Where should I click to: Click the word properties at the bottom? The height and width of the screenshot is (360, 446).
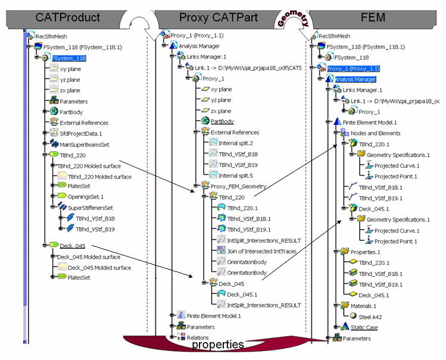pos(217,345)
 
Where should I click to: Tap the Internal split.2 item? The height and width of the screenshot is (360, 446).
pos(236,143)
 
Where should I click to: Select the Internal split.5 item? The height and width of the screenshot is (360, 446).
pos(236,176)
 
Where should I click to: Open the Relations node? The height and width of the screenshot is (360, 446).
pos(198,337)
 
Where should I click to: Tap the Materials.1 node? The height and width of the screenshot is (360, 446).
pos(370,306)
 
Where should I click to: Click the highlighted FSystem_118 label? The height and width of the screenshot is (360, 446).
pos(69,58)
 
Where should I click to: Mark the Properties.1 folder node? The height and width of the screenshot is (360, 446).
pos(371,252)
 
